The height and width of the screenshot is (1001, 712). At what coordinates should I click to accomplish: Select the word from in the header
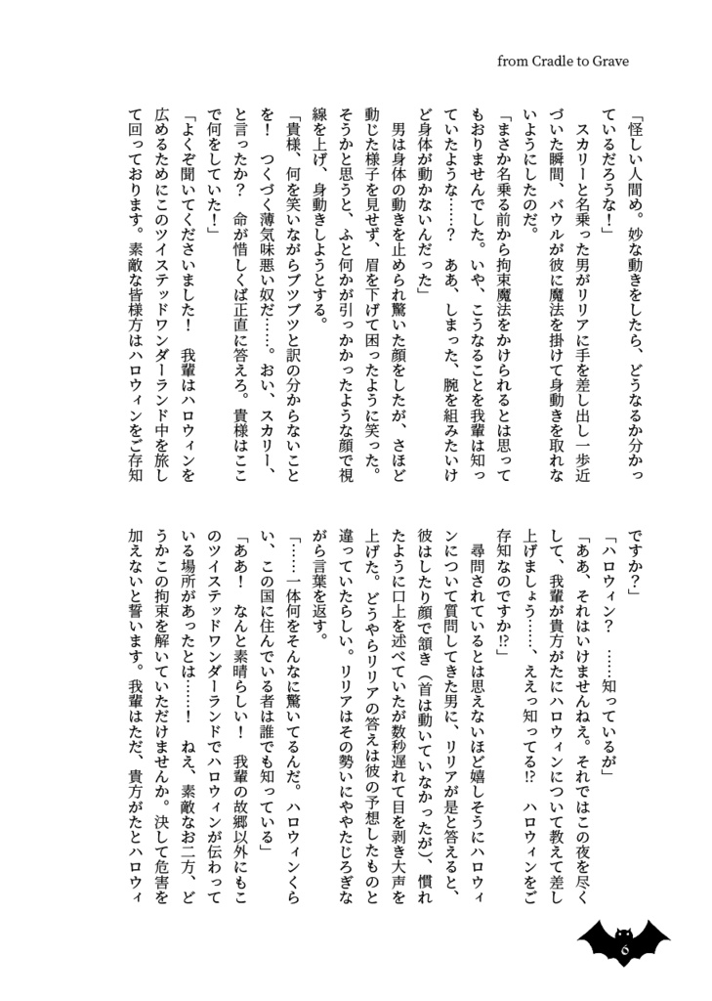click(x=514, y=62)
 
